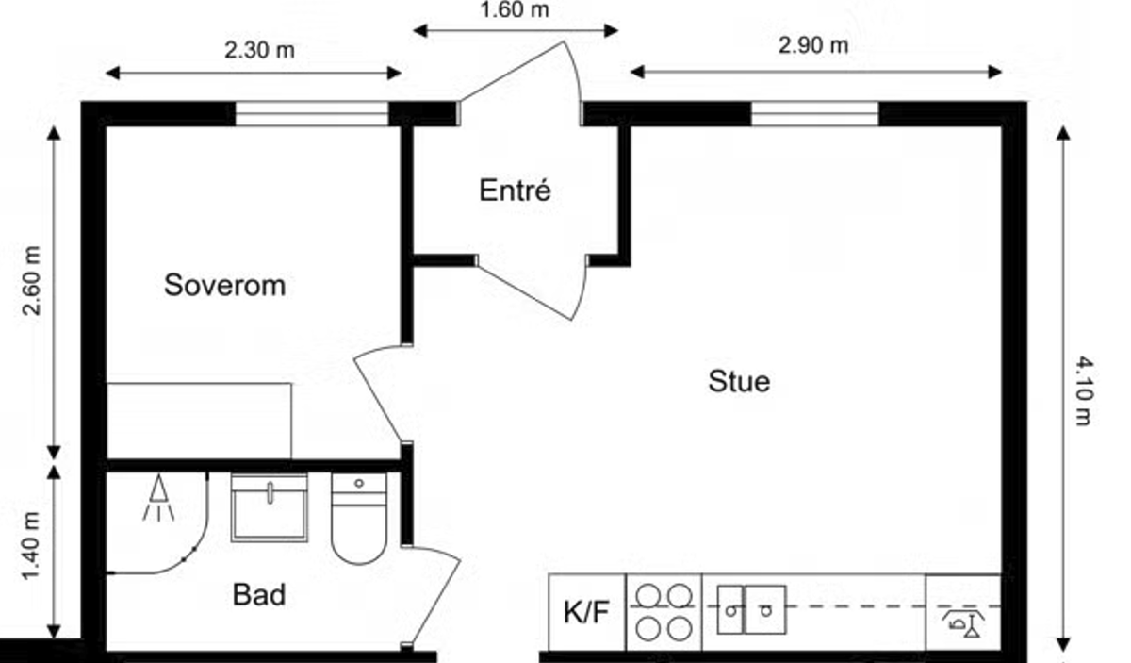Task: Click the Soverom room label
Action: [x=224, y=285]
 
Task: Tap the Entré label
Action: [x=515, y=191]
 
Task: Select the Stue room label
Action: [x=739, y=382]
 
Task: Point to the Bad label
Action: [x=259, y=595]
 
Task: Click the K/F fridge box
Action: [x=586, y=612]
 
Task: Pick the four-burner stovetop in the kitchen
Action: [x=664, y=612]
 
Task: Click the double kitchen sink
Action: [x=751, y=609]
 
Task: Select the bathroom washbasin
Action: [x=270, y=508]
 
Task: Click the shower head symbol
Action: [x=159, y=499]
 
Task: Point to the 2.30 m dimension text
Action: [x=259, y=50]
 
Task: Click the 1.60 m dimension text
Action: [x=514, y=11]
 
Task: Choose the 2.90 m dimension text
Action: [x=813, y=45]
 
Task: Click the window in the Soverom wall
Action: [x=311, y=113]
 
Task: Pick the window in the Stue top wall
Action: [x=814, y=113]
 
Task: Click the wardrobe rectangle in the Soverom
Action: [x=199, y=421]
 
